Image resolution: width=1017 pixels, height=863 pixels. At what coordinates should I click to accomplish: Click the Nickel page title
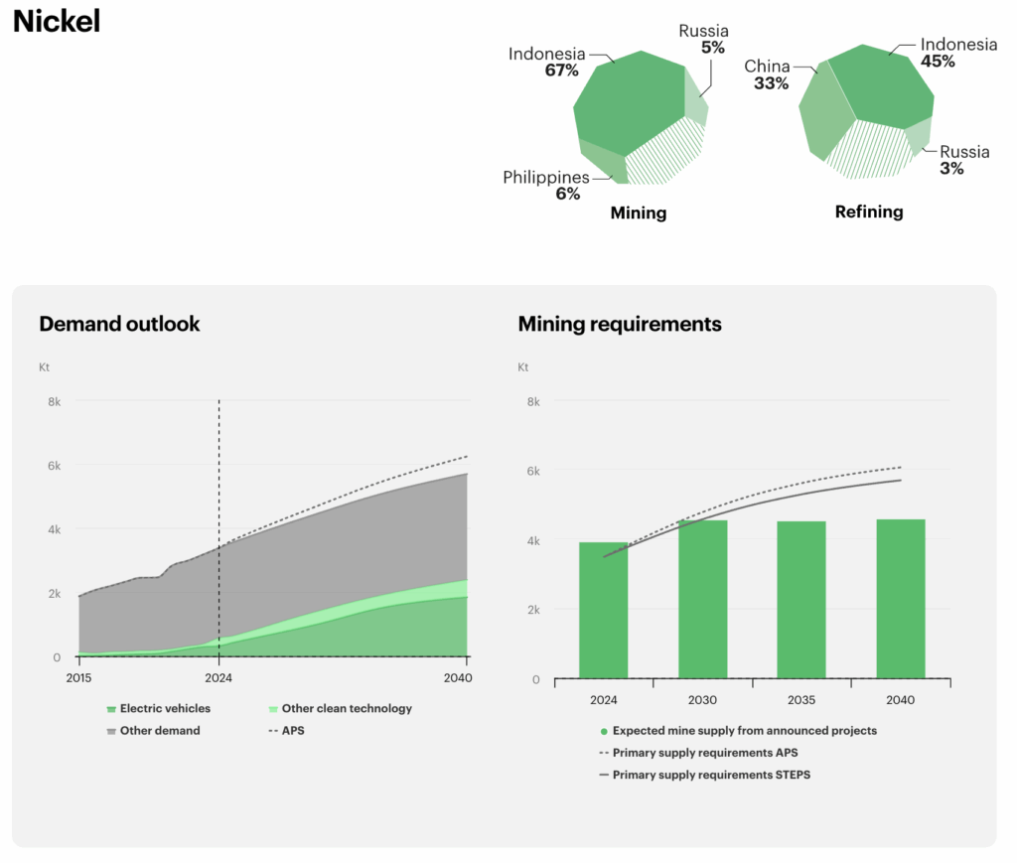[x=57, y=22]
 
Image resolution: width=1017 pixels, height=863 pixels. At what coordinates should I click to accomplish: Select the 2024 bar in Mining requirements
[x=603, y=610]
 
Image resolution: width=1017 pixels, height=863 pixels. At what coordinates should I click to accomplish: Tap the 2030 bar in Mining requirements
[x=702, y=599]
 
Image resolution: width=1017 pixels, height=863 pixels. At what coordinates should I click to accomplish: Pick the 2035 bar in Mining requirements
[x=801, y=600]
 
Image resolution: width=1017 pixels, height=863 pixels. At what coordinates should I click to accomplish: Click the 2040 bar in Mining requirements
[x=901, y=599]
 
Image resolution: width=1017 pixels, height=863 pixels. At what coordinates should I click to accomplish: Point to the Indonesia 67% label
[x=546, y=62]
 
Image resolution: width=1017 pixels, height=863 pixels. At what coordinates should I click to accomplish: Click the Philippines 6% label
[x=545, y=186]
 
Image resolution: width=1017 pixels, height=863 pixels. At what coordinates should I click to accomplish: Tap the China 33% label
[x=767, y=74]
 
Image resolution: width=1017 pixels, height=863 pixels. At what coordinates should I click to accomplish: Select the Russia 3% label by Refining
[x=964, y=160]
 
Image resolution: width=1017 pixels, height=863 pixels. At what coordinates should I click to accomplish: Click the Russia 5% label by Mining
[x=703, y=39]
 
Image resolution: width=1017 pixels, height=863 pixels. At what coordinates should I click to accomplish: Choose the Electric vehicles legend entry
[x=165, y=709]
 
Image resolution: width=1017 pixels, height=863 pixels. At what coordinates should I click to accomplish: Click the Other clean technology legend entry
[x=346, y=709]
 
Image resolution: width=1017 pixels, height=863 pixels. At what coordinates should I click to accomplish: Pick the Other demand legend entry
[x=160, y=731]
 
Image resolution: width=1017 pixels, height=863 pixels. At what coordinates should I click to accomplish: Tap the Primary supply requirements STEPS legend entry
[x=710, y=775]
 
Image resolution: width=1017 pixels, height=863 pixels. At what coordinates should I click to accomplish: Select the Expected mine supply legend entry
[x=744, y=731]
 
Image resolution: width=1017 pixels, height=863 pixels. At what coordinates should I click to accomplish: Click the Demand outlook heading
[x=119, y=324]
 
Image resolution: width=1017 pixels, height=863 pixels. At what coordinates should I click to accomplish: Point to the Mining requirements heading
[x=620, y=324]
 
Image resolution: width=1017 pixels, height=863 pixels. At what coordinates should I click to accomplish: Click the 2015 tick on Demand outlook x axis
[x=78, y=677]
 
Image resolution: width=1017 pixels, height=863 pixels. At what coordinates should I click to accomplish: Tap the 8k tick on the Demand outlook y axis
[x=55, y=402]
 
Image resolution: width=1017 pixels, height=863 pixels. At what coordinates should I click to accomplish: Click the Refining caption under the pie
[x=869, y=212]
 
